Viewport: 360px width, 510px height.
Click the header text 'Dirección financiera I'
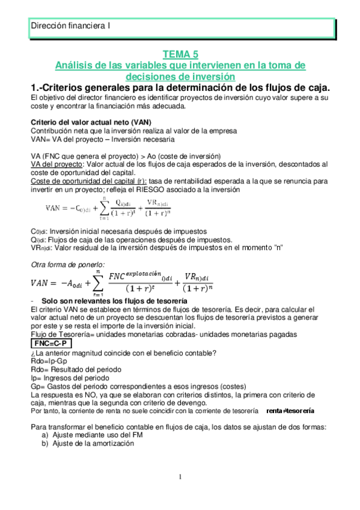click(x=70, y=26)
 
